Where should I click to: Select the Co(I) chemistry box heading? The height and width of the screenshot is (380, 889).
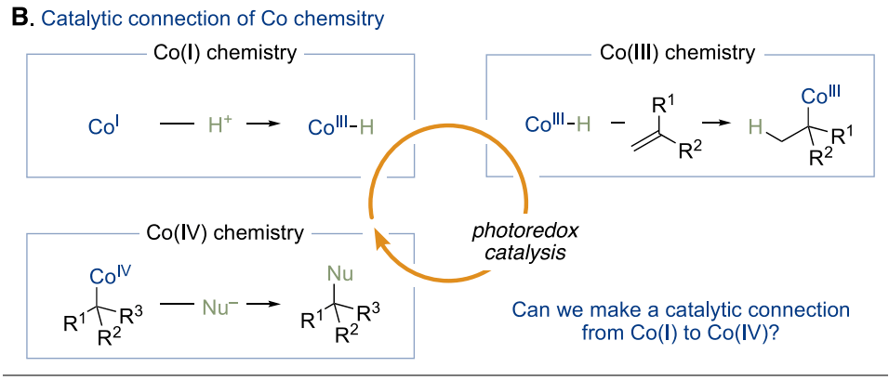(x=225, y=54)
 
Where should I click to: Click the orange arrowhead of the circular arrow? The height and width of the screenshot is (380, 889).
(x=377, y=241)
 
